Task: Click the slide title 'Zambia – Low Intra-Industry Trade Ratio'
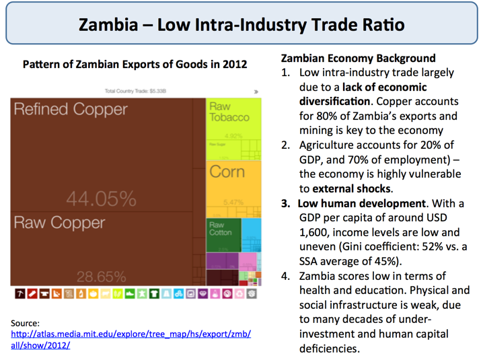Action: click(x=242, y=25)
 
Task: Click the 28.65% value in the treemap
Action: click(x=101, y=276)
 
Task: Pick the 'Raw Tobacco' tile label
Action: click(x=229, y=112)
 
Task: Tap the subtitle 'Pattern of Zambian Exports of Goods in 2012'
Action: click(x=135, y=65)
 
